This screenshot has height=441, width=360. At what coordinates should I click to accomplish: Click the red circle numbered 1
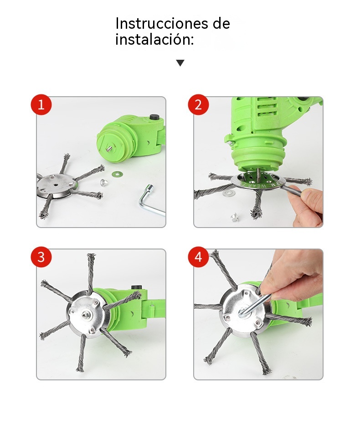[41, 104]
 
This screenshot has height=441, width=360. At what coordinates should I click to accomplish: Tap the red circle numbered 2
[198, 104]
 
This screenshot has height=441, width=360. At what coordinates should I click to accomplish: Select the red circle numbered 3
[41, 257]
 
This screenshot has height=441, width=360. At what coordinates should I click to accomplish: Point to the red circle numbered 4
[198, 257]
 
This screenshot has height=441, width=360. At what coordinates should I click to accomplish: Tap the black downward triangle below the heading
[180, 63]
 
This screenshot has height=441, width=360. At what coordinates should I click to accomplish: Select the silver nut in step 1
[104, 182]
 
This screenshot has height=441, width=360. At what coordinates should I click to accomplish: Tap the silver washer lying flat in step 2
[229, 193]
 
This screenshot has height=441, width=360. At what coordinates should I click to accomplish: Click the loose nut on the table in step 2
[233, 217]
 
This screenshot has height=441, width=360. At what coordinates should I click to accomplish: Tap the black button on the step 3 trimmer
[136, 287]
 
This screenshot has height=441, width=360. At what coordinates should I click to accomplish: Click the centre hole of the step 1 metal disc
[55, 185]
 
